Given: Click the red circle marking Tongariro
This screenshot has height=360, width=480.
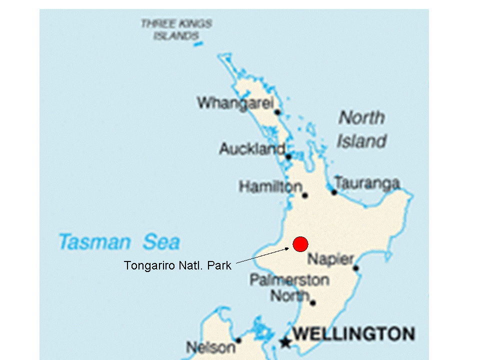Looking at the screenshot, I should (300, 244).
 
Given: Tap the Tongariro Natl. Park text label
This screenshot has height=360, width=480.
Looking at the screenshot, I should (177, 265).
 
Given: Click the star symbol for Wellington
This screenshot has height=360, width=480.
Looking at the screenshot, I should (285, 342).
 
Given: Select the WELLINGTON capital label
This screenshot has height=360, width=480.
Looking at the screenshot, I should (353, 333).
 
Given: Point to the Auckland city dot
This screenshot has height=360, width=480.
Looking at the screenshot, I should (288, 156).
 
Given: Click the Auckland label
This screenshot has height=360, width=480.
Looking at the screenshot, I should (252, 148).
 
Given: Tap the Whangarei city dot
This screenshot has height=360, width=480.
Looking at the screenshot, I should (277, 112).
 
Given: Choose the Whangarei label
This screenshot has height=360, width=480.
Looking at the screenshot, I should (235, 103).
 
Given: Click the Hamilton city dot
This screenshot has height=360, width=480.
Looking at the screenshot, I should (304, 195).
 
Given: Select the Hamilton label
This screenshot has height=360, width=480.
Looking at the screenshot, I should (270, 187).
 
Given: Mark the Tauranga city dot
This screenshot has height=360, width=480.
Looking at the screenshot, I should (334, 191).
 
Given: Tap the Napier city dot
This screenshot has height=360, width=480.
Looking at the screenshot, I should (355, 268).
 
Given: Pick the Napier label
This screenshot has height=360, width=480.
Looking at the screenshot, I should (330, 259).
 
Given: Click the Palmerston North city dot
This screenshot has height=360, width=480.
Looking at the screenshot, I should (312, 302).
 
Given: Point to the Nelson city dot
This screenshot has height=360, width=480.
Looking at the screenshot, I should (238, 340).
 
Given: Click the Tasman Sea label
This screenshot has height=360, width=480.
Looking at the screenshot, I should (119, 242).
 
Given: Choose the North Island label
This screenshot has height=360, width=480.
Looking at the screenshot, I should (361, 129).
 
